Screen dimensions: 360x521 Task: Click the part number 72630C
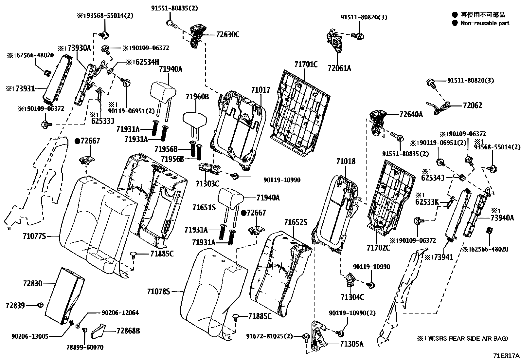(x=227, y=34)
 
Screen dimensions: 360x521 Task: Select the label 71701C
(x=306, y=64)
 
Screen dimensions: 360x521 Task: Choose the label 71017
(x=261, y=90)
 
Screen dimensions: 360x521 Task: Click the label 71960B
(x=197, y=97)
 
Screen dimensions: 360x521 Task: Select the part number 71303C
(x=207, y=183)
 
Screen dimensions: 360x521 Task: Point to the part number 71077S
(x=34, y=236)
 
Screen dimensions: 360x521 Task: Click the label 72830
(x=33, y=283)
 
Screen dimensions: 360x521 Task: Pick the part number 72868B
(x=128, y=331)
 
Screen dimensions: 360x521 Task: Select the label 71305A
(x=351, y=344)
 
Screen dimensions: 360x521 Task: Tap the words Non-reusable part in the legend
(x=485, y=23)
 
